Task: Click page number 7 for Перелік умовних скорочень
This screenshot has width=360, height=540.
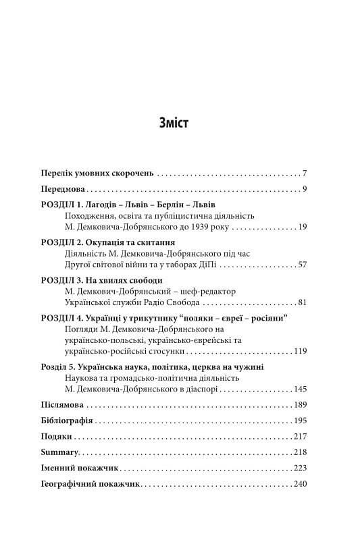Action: coord(305,173)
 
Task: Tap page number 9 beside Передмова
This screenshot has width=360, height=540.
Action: coord(305,188)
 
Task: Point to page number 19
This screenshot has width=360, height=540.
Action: coord(303,227)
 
